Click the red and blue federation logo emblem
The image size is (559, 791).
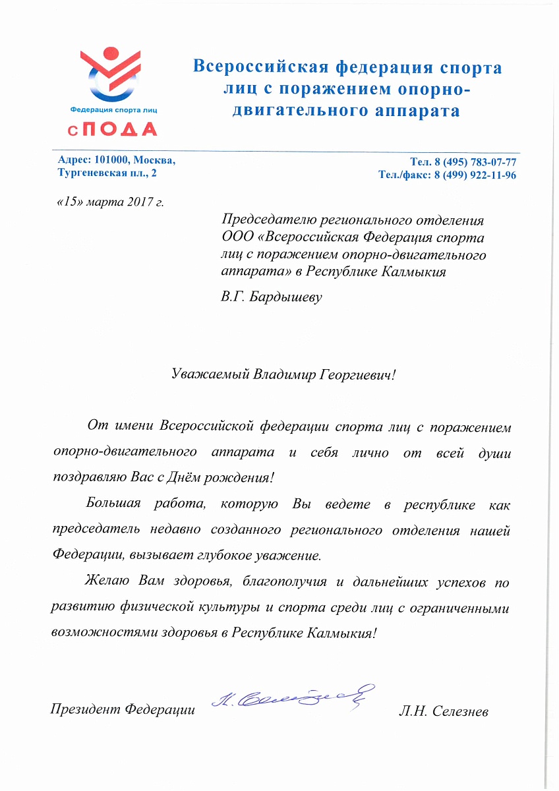click(111, 74)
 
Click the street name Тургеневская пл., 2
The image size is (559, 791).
click(108, 174)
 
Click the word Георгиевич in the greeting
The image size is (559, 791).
click(355, 374)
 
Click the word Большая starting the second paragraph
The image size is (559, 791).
click(113, 506)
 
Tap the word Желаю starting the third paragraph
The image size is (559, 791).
click(109, 583)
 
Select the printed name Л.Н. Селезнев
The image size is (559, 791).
click(443, 711)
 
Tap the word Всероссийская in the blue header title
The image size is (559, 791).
click(260, 68)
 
